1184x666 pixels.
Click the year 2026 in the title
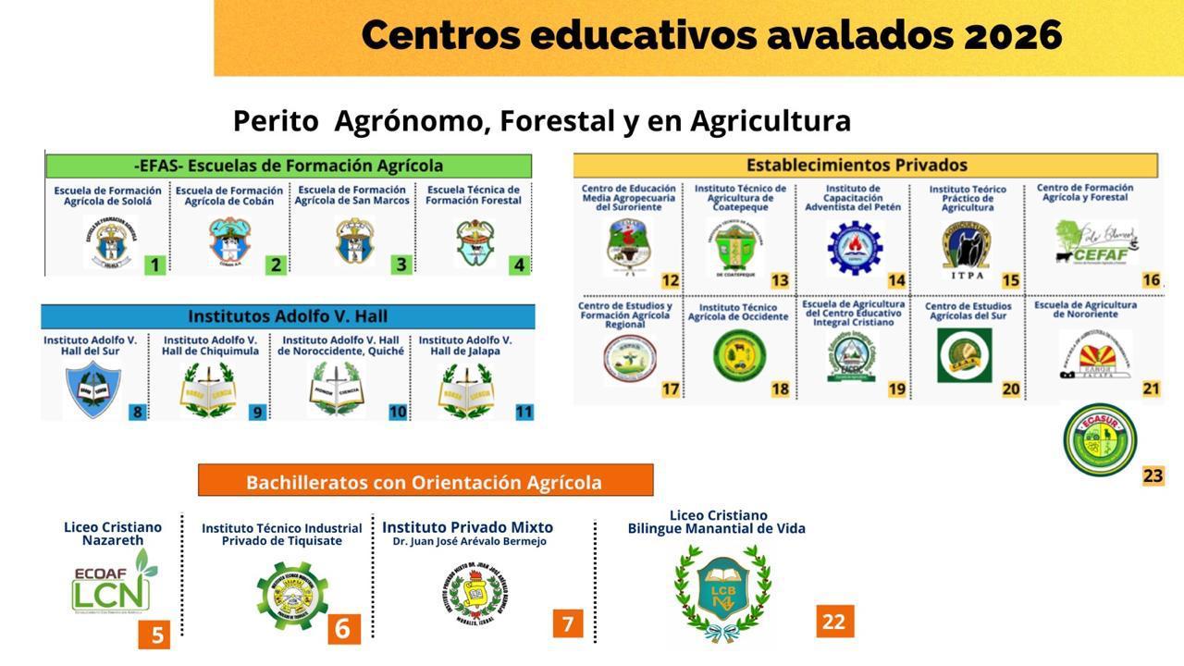coord(1013,35)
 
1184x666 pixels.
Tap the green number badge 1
coord(154,265)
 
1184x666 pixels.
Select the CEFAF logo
coord(1096,242)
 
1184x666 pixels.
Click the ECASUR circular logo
coord(1100,439)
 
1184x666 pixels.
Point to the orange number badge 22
coord(834,622)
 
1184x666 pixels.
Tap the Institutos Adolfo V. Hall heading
coord(287,315)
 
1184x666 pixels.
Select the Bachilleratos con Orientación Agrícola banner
coord(425,481)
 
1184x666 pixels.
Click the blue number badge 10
coord(398,412)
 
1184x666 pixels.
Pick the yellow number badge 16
coord(1151,279)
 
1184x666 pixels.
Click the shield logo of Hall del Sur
coord(92,388)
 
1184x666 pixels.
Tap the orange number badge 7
coord(568,624)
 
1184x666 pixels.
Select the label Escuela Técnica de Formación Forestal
coord(474,195)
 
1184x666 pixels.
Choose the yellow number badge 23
coord(1153,475)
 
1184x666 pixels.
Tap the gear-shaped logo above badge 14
coord(854,248)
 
